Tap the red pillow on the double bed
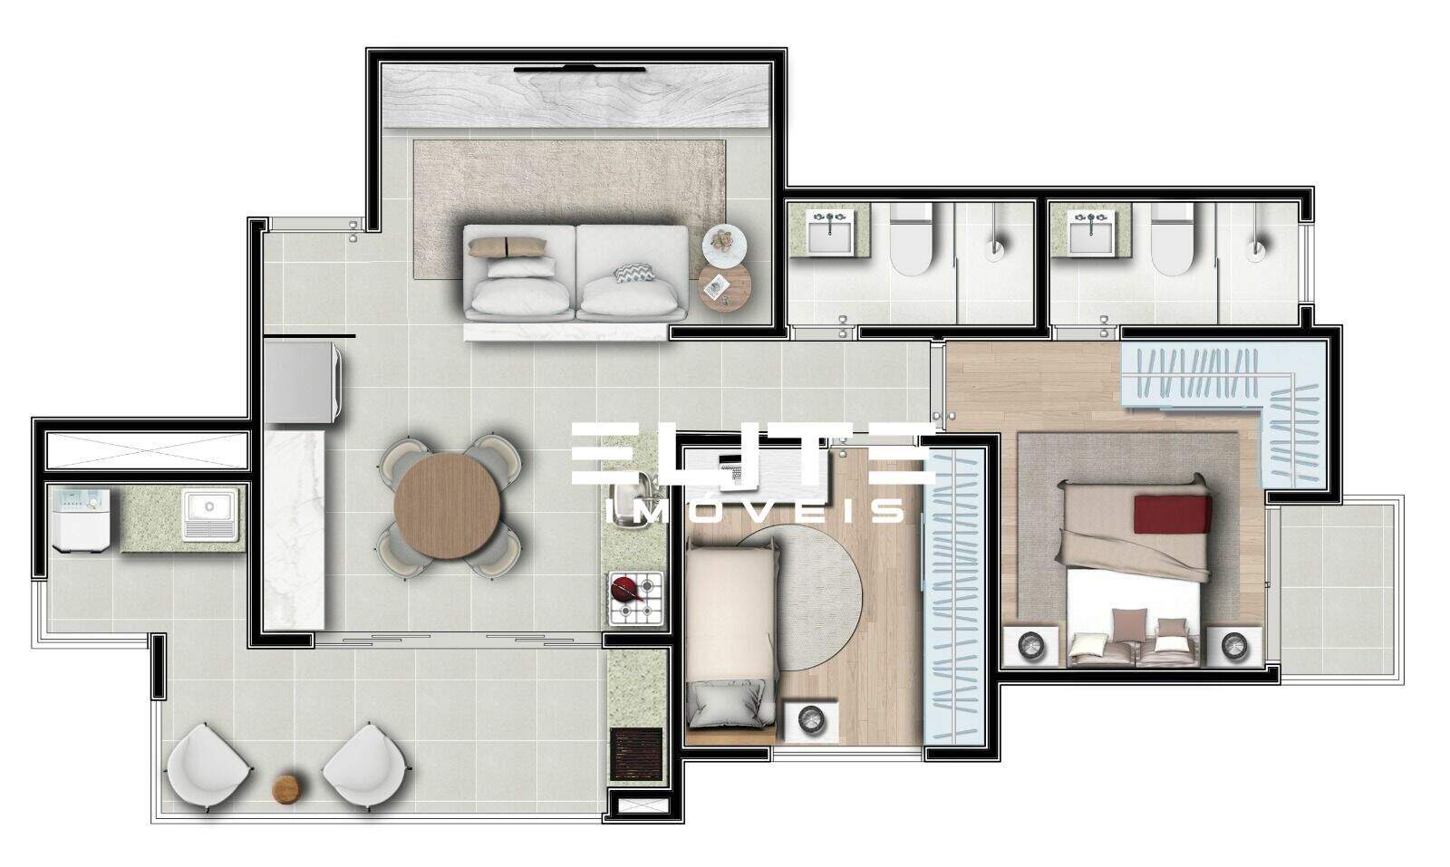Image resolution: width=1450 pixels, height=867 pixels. pyautogui.click(x=1173, y=514)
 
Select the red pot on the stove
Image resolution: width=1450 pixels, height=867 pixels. pyautogui.click(x=625, y=590)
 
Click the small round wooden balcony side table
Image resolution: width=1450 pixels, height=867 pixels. pyautogui.click(x=286, y=788)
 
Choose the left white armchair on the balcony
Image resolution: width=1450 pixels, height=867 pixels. pyautogui.click(x=207, y=766)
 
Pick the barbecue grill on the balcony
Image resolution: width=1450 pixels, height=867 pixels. pyautogui.click(x=638, y=751)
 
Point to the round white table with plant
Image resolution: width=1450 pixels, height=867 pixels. pyautogui.click(x=723, y=242)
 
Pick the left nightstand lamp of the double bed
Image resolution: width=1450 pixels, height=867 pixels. pyautogui.click(x=1031, y=646)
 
